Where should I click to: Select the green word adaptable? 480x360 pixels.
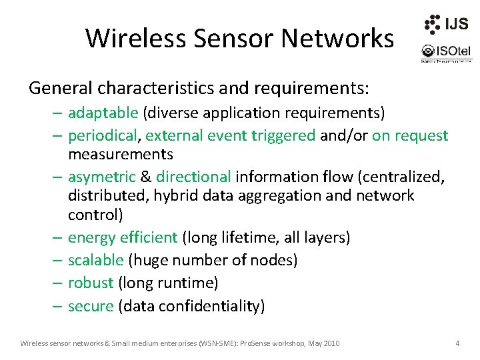point(103,111)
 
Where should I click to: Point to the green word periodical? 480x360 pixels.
point(103,135)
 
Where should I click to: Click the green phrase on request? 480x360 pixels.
point(410,135)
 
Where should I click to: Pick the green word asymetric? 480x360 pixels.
point(101,177)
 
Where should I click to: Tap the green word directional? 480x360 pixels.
point(193,177)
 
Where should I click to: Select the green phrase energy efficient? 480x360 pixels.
point(123,237)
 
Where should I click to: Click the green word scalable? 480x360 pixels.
point(95,260)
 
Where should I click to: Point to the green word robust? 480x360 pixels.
point(91,283)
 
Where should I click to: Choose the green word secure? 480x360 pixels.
point(91,306)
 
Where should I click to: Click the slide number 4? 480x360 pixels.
point(457,343)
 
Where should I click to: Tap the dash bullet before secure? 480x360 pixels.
point(56,306)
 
